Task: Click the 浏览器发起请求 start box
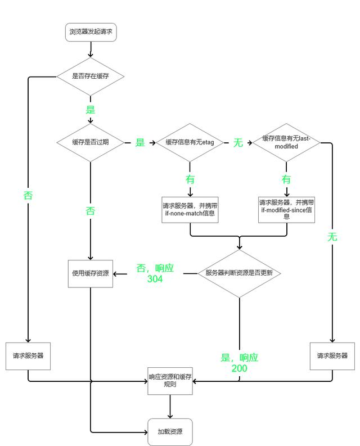click(91, 33)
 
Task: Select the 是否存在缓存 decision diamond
click(90, 76)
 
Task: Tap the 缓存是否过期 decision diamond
click(90, 142)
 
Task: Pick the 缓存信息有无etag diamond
click(190, 142)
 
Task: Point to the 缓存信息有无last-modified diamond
click(286, 142)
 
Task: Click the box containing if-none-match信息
click(190, 209)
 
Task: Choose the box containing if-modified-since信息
click(286, 209)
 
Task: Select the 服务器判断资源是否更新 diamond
click(239, 273)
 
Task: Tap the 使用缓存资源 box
click(91, 273)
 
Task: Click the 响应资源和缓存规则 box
click(170, 380)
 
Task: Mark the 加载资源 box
click(170, 432)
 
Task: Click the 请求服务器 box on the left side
click(28, 356)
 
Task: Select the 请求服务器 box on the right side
click(332, 356)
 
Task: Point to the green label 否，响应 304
click(155, 273)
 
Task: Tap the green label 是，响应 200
click(239, 363)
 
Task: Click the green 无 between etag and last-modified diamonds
click(238, 143)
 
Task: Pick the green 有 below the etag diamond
click(190, 179)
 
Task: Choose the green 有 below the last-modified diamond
click(286, 179)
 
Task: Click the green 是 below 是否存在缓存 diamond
click(90, 109)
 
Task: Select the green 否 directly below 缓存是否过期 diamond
click(90, 211)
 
